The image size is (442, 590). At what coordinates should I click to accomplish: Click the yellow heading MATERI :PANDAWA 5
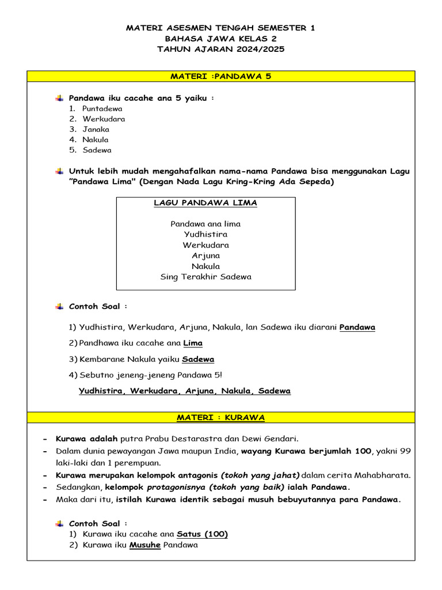pyautogui.click(x=220, y=76)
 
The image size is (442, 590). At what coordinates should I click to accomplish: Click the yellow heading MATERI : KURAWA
pyautogui.click(x=220, y=417)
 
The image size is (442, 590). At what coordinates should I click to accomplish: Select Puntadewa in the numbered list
pyautogui.click(x=102, y=108)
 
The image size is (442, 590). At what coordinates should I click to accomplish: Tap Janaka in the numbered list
pyautogui.click(x=96, y=129)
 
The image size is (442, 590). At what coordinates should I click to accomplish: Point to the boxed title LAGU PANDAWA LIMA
pyautogui.click(x=205, y=203)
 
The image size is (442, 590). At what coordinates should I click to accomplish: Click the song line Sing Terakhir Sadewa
pyautogui.click(x=205, y=277)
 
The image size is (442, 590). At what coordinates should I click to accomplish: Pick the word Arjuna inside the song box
pyautogui.click(x=205, y=255)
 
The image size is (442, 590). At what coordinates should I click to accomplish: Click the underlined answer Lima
pyautogui.click(x=193, y=343)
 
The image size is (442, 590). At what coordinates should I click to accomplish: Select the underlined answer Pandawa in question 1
pyautogui.click(x=357, y=327)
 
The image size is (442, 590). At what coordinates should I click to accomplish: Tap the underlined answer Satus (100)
pyautogui.click(x=202, y=534)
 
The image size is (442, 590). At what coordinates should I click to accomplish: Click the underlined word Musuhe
pyautogui.click(x=145, y=544)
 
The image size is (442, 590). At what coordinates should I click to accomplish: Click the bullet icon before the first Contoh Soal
pyautogui.click(x=59, y=307)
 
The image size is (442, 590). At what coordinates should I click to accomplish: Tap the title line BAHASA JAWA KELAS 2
pyautogui.click(x=220, y=38)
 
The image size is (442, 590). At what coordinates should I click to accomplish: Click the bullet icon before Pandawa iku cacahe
pyautogui.click(x=59, y=98)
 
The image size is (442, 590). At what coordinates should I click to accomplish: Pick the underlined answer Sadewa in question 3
pyautogui.click(x=198, y=359)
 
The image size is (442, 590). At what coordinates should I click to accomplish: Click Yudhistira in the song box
pyautogui.click(x=205, y=235)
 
